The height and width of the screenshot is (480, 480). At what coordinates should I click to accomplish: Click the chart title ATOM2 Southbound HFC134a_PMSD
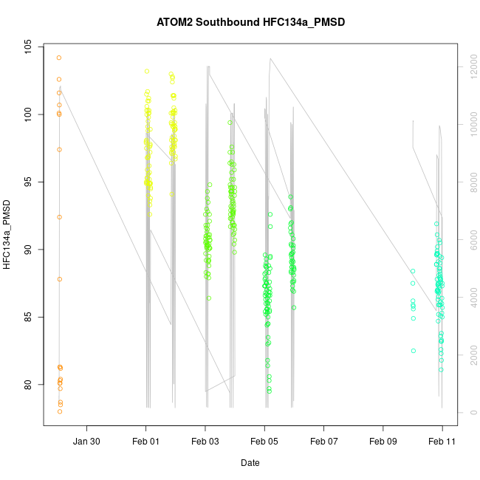coord(251,22)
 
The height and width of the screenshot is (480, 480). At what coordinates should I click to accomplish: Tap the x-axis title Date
coord(250,463)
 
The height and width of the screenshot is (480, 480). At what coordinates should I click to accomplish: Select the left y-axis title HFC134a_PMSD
coord(8,233)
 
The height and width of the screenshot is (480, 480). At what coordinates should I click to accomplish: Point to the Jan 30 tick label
coord(87,442)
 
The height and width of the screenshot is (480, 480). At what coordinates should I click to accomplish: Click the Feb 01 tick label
coord(146,442)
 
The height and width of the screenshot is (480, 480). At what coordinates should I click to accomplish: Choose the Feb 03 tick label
coord(205,442)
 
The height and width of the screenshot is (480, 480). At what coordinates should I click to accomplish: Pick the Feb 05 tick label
coord(264,442)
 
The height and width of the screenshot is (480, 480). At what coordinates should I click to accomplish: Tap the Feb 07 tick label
coord(323,442)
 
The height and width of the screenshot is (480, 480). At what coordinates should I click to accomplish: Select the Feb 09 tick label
coord(383,442)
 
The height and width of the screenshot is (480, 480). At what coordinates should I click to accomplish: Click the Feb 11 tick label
coord(442,442)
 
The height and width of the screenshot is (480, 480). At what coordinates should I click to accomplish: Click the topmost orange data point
coord(59,58)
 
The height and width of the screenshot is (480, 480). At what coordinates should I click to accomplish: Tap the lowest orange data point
coord(60,411)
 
